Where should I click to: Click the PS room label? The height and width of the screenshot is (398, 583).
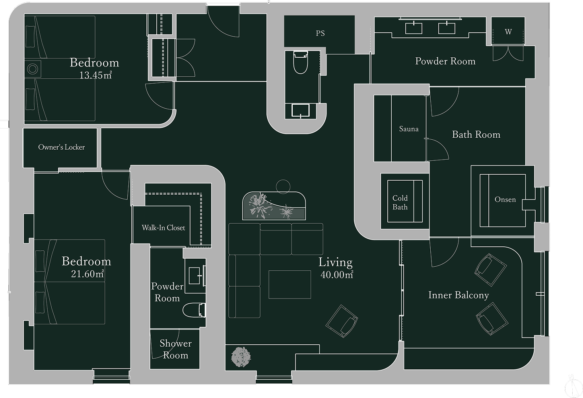click(320, 33)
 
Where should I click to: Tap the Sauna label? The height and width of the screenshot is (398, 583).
click(409, 129)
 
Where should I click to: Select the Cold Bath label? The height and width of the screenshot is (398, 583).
click(400, 203)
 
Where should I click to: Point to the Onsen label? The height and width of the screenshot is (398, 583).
click(505, 199)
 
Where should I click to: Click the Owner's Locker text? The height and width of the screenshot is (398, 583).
click(61, 147)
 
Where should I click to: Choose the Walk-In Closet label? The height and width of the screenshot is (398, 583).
click(163, 228)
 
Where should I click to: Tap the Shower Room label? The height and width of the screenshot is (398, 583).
click(176, 349)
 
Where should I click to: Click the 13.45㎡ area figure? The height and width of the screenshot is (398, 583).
click(95, 75)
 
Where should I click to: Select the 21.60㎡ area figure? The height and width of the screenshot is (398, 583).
click(87, 274)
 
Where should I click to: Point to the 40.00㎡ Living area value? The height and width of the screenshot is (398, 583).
click(337, 275)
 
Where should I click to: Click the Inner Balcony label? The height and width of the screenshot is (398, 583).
click(459, 295)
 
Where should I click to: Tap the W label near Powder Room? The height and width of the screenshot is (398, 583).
click(508, 32)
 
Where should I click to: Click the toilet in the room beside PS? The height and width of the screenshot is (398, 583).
click(301, 62)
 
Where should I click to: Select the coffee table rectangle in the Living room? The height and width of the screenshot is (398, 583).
click(290, 285)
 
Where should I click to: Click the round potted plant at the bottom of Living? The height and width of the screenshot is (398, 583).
click(241, 357)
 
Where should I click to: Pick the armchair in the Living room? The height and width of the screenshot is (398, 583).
click(342, 321)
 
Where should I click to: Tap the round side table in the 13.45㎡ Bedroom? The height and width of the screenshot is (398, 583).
click(33, 69)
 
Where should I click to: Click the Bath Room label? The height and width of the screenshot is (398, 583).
click(476, 135)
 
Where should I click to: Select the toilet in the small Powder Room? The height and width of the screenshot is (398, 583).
click(194, 310)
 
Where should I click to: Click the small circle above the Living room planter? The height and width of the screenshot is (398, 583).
click(283, 187)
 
